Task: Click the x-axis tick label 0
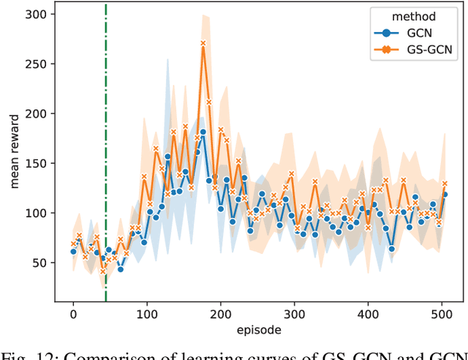pyautogui.click(x=73, y=314)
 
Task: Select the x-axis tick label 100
pyautogui.click(x=147, y=314)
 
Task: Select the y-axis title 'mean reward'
pyautogui.click(x=14, y=152)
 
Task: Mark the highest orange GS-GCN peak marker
pyautogui.click(x=203, y=44)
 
